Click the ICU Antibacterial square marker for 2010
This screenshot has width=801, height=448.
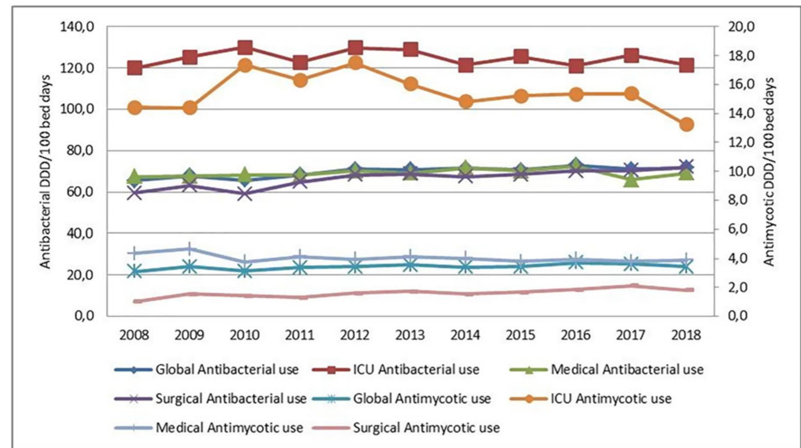pyautogui.click(x=245, y=47)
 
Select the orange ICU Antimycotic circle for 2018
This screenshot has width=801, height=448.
pyautogui.click(x=686, y=125)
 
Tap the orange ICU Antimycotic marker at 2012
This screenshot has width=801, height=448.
pyautogui.click(x=355, y=63)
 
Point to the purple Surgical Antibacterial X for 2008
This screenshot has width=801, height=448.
pyautogui.click(x=135, y=193)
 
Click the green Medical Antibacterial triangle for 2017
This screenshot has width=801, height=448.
pyautogui.click(x=631, y=181)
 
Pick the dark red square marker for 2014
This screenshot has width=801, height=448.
pyautogui.click(x=466, y=66)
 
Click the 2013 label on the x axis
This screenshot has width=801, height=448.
pyautogui.click(x=410, y=335)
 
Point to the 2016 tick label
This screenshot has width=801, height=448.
pyautogui.click(x=576, y=335)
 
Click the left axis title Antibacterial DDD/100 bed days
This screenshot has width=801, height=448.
pyautogui.click(x=45, y=172)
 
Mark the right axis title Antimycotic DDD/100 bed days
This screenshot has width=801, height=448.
pyautogui.click(x=770, y=172)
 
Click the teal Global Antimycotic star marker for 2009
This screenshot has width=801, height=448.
pyautogui.click(x=190, y=267)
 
